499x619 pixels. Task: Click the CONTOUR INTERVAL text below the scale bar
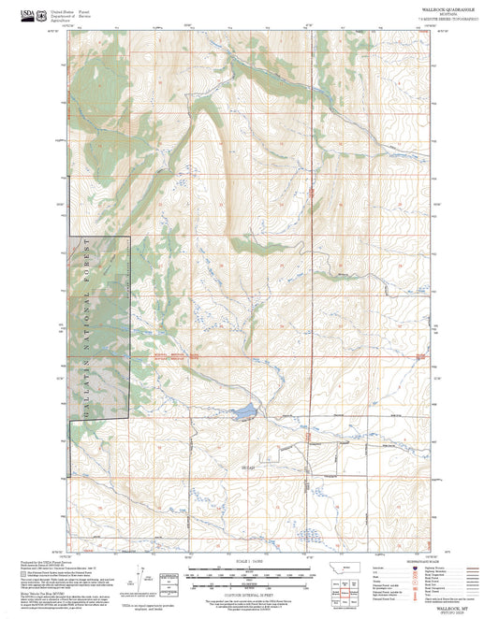click(x=249, y=591)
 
